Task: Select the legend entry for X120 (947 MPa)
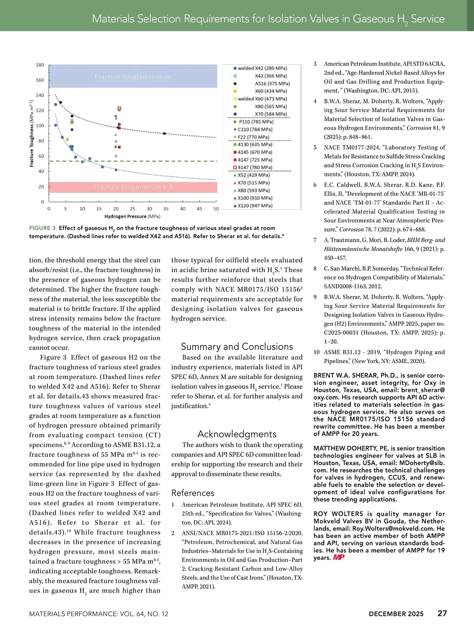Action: [x=255, y=206]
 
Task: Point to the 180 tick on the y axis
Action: [x=40, y=65]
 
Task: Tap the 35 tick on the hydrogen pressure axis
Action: [x=166, y=209]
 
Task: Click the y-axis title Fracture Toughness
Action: [x=32, y=133]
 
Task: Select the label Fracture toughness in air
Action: [x=133, y=77]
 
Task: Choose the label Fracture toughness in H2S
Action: [x=133, y=188]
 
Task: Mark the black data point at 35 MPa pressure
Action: [x=165, y=133]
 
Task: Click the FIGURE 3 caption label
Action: [x=42, y=228]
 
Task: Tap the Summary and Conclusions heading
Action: [x=237, y=347]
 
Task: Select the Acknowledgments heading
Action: [x=237, y=434]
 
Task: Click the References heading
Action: [x=193, y=493]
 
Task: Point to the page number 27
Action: [x=442, y=613]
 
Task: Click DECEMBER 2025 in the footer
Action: [x=396, y=614]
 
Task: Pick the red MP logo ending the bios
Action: [x=339, y=557]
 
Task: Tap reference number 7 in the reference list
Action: [x=315, y=240]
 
